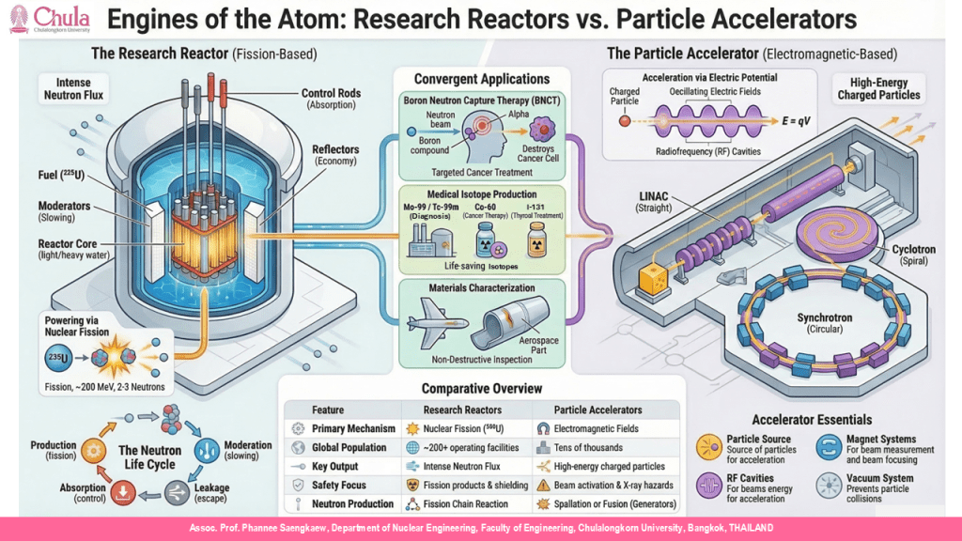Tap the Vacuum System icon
tap(830, 485)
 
